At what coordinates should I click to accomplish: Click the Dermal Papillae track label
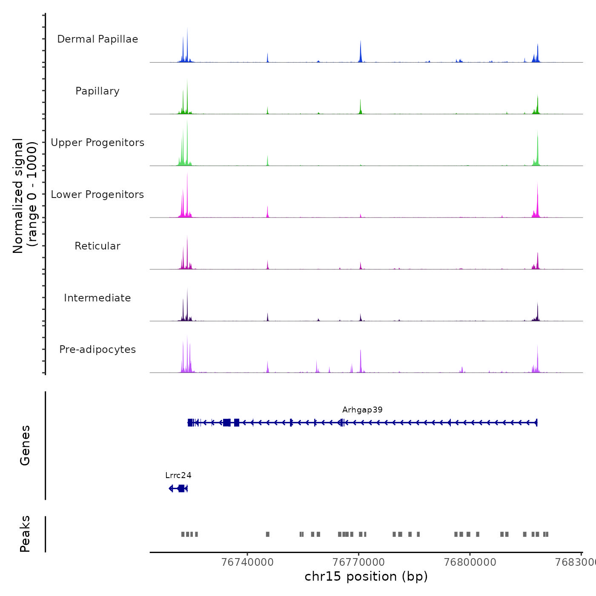click(97, 39)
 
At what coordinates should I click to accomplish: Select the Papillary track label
click(97, 91)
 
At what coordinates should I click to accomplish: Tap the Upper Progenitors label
click(97, 143)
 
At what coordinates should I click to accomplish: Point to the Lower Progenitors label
click(97, 195)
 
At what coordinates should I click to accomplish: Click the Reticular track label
click(97, 246)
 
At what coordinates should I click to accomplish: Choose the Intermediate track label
click(97, 298)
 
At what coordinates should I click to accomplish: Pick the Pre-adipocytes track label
click(97, 350)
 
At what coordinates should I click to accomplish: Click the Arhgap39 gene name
click(362, 410)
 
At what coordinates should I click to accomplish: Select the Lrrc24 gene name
click(178, 476)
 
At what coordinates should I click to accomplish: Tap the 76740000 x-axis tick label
click(248, 562)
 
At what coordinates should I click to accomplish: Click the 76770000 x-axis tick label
click(359, 562)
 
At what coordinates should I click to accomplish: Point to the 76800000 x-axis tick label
click(470, 562)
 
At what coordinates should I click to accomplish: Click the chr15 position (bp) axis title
click(366, 576)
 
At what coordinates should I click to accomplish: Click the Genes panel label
click(25, 445)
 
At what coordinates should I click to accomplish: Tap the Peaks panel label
click(25, 534)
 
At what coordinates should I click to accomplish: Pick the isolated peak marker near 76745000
click(268, 534)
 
